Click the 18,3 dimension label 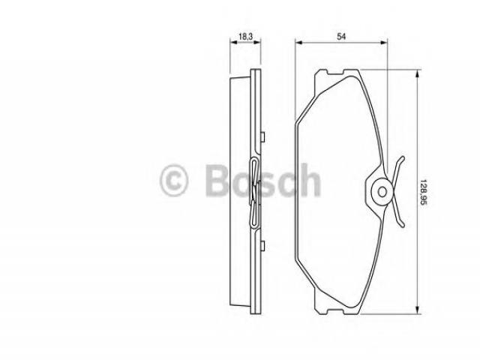(x=245, y=36)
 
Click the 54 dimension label (x=341, y=37)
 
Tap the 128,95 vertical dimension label (x=424, y=192)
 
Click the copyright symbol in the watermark (x=173, y=180)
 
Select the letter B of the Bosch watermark (x=217, y=180)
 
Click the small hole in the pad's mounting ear (x=382, y=192)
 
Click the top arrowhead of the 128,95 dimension (x=417, y=73)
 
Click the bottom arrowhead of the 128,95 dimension (x=417, y=310)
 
